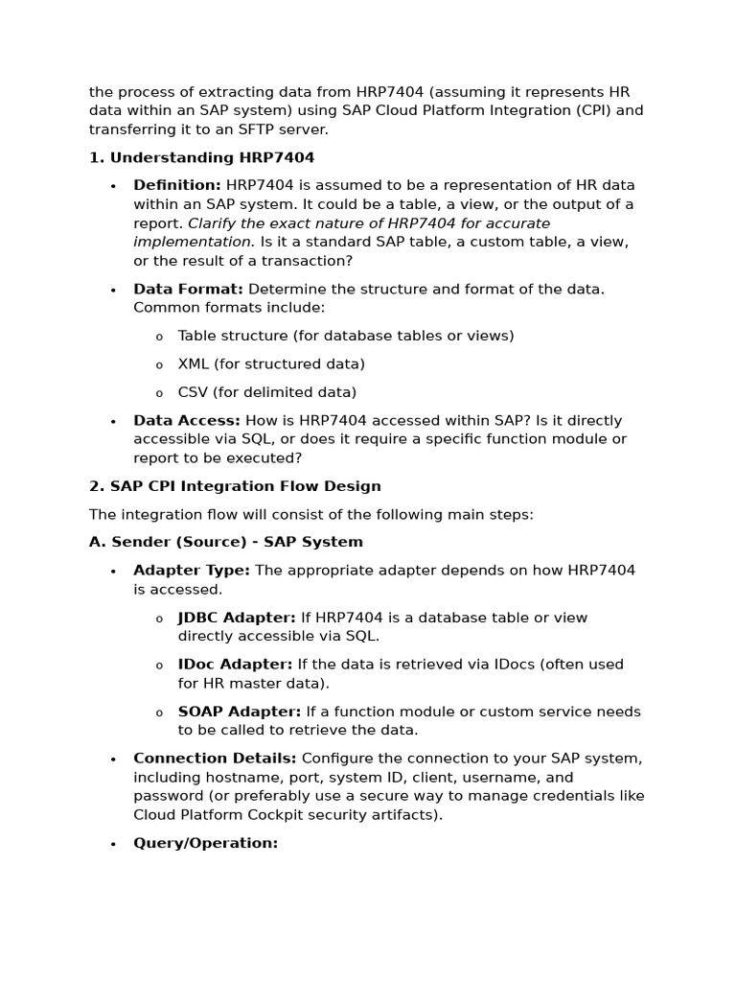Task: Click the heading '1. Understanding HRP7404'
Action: (x=201, y=157)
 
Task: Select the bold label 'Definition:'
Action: (x=177, y=185)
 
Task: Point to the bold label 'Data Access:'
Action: (x=187, y=420)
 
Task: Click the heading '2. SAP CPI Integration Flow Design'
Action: (x=235, y=486)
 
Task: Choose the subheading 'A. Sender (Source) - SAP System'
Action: (x=226, y=542)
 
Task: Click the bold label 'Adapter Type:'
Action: (x=192, y=571)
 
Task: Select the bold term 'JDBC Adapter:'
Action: (x=237, y=618)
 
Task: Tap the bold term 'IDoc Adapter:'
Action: (x=236, y=665)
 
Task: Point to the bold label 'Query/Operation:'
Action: (x=206, y=843)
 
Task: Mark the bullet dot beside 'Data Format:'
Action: (x=113, y=290)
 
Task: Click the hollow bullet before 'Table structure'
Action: (x=159, y=337)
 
